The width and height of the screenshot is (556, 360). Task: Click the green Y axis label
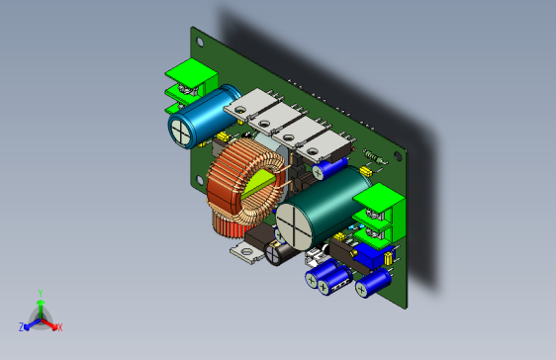pyautogui.click(x=40, y=293)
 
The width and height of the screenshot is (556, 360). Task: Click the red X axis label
pyautogui.click(x=59, y=326)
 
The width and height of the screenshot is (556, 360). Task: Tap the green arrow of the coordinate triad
pyautogui.click(x=40, y=307)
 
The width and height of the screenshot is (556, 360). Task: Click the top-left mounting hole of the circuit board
pyautogui.click(x=203, y=43)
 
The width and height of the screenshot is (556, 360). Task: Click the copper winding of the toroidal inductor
pyautogui.click(x=233, y=188)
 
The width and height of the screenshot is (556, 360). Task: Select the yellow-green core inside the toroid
pyautogui.click(x=262, y=184)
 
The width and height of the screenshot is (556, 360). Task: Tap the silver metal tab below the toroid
pyautogui.click(x=246, y=254)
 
